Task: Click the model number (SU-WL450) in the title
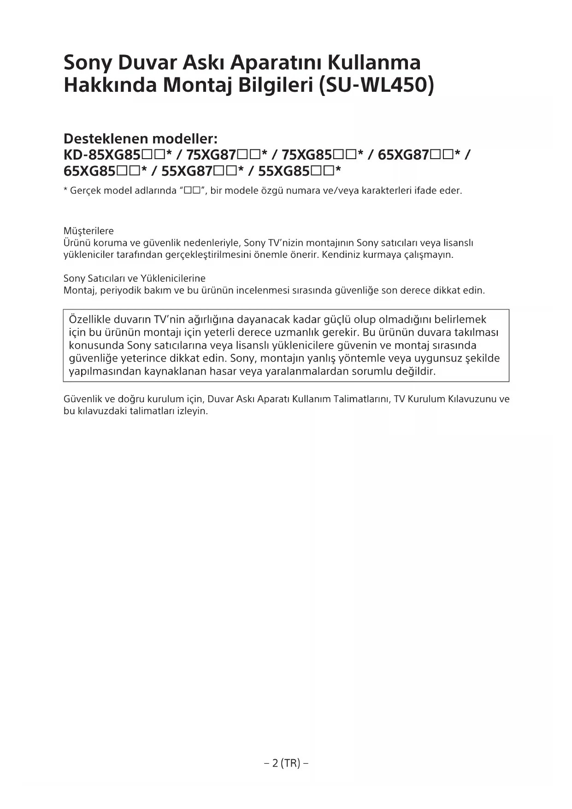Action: pos(376,85)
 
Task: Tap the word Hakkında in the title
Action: pos(110,85)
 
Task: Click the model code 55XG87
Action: pos(187,172)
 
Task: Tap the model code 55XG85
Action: pos(283,172)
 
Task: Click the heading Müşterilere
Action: pos(88,231)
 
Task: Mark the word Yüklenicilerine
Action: pos(173,279)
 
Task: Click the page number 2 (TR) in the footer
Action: pos(286,763)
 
